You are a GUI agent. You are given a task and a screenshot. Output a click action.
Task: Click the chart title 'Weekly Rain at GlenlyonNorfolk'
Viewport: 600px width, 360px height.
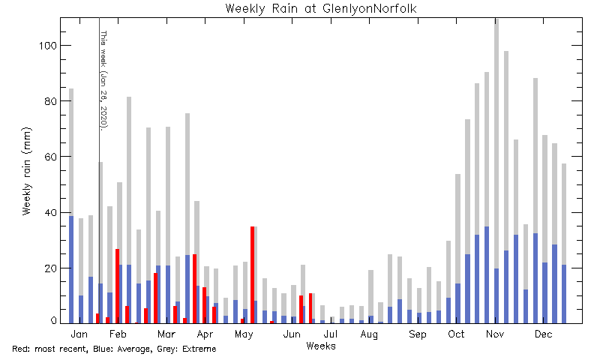321,8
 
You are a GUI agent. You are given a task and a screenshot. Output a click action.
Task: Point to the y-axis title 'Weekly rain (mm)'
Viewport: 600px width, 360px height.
26,171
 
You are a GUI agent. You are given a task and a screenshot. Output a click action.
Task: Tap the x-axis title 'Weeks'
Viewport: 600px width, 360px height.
321,346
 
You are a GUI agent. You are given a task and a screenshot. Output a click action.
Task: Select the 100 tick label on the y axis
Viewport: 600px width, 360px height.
48,46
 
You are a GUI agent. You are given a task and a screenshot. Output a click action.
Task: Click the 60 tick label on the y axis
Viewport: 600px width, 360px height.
51,157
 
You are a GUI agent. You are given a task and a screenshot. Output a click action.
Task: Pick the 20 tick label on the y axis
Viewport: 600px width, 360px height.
51,268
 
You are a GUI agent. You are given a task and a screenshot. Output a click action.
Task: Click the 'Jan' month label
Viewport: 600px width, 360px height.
79,334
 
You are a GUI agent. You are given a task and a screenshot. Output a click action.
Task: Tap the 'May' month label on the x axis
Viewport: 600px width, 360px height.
244,334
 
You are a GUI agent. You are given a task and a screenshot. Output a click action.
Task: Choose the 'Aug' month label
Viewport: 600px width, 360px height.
369,334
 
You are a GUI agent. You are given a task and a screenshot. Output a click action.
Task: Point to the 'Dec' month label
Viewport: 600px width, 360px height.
543,334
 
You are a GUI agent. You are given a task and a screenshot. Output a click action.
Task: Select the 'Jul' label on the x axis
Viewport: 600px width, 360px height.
331,334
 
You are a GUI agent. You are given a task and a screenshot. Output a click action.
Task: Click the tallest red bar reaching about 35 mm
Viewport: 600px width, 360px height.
253,274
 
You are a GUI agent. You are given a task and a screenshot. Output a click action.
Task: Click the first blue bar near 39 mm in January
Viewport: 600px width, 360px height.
71,270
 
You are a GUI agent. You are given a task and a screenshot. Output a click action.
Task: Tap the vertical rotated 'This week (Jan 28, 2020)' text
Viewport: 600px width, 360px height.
103,81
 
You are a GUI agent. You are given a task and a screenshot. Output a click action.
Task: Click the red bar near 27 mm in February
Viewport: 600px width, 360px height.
118,286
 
